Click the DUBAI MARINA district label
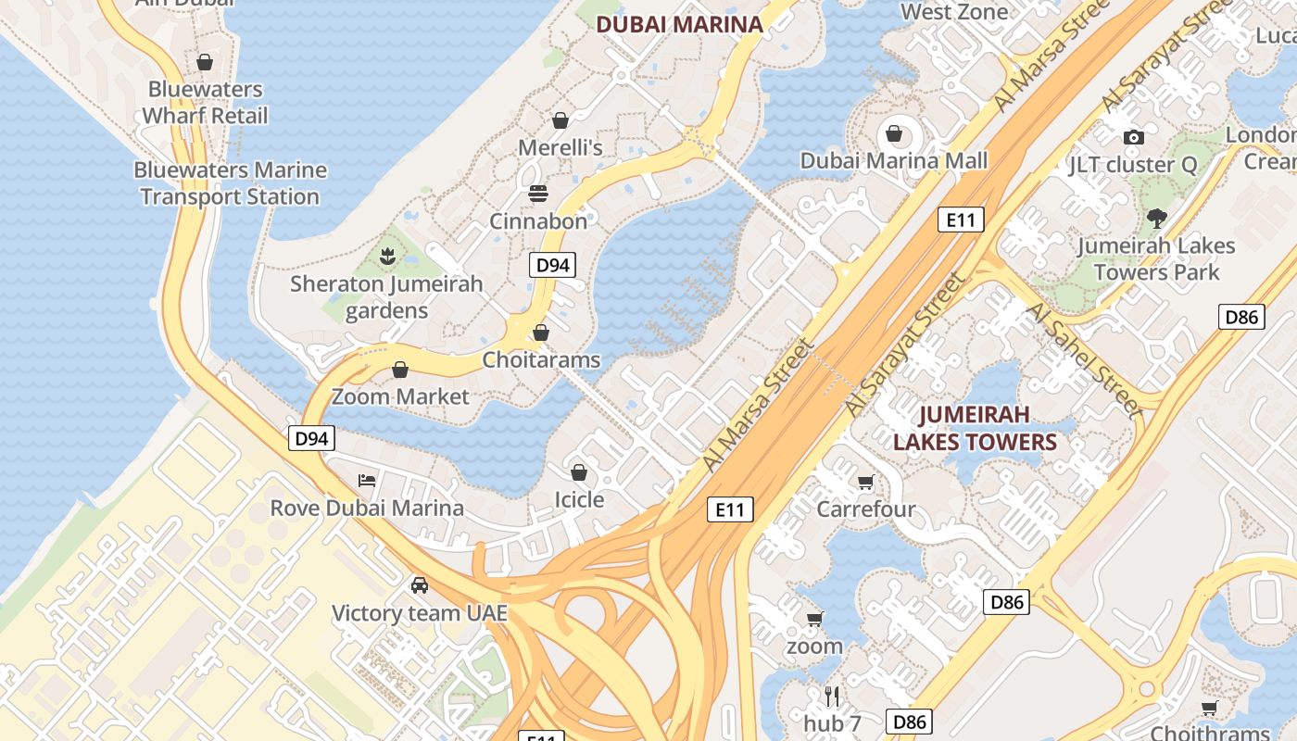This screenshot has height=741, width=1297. tap(679, 24)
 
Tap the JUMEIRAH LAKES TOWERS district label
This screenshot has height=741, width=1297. tap(975, 428)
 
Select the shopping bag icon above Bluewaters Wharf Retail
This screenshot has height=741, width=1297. tap(205, 62)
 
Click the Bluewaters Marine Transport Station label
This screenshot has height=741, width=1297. tap(230, 183)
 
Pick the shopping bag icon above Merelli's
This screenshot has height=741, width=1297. tap(560, 120)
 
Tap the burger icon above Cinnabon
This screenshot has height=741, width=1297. tap(538, 194)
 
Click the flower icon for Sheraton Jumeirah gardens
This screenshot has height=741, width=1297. tap(387, 256)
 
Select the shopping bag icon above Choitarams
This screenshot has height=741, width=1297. tap(541, 333)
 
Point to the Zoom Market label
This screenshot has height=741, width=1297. tap(400, 396)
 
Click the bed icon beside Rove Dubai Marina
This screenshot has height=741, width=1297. tap(367, 481)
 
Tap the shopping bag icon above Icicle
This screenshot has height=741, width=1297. tap(579, 473)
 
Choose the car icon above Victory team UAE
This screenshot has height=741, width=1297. tap(420, 585)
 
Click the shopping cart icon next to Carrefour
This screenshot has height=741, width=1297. tap(865, 482)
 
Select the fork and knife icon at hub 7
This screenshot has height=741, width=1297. tap(832, 696)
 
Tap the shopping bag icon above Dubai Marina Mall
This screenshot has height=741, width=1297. tap(894, 134)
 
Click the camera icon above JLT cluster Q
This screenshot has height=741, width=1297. tap(1132, 138)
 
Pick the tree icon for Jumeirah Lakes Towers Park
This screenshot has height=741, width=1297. tap(1155, 219)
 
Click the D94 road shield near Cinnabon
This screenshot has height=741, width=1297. tap(552, 266)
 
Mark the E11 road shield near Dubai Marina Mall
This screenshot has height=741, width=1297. tap(960, 220)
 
